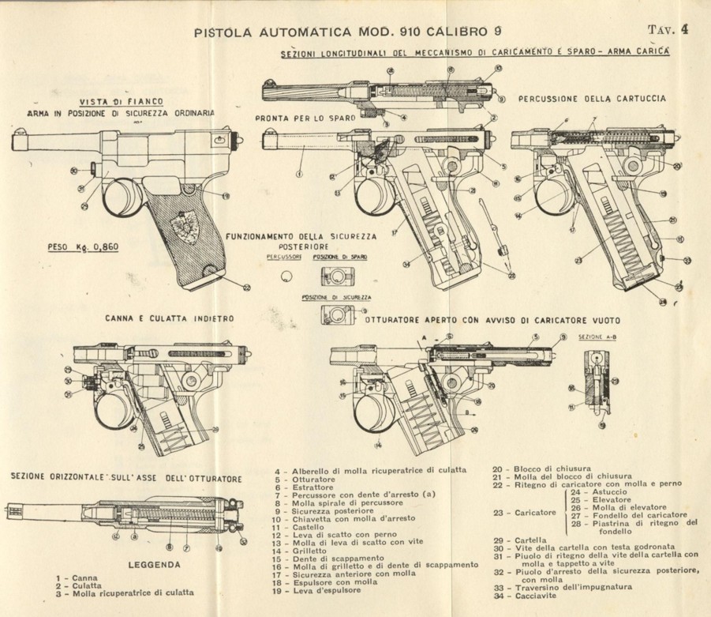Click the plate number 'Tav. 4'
[x=668, y=30]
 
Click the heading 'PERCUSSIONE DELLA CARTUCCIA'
[x=591, y=99]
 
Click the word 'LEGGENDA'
[x=154, y=565]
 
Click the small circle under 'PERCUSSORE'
[x=286, y=273]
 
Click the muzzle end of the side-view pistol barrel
[x=14, y=143]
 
